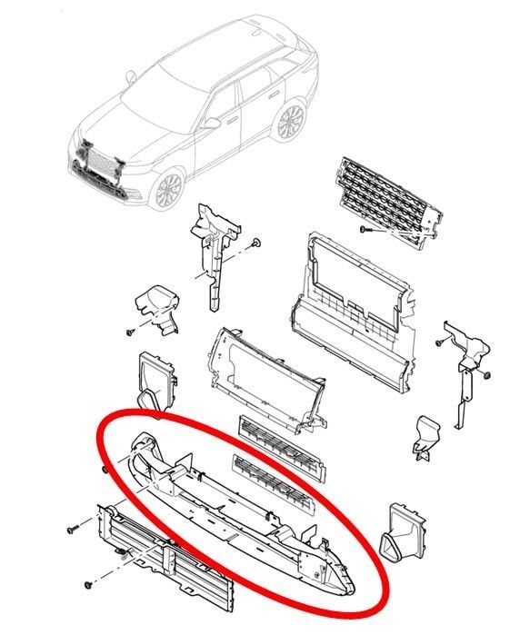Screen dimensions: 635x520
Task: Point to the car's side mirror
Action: click(x=212, y=122)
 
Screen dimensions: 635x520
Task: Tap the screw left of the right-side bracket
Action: click(x=437, y=342)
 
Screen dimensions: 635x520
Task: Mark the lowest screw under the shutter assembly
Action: click(x=88, y=582)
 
